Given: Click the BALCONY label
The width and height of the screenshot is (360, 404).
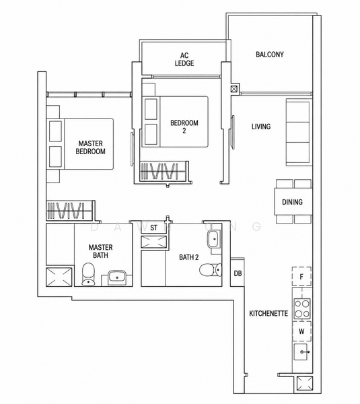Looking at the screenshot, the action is pos(270,55).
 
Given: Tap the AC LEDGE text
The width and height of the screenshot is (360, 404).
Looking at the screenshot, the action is pos(184,59).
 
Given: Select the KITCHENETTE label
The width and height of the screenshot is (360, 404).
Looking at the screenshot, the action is pos(268,313).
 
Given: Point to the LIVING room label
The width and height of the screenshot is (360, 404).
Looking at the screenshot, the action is pos(261,127).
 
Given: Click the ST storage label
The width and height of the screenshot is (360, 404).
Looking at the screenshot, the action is pos(153,228).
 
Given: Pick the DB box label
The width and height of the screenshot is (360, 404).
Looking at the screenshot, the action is pos(238,273).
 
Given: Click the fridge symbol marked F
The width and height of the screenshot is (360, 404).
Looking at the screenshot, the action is pos(301,277).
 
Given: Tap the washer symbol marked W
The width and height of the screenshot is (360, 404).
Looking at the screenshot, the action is pos(301,331).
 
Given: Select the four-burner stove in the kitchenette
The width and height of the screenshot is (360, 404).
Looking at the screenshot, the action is pos(302,308).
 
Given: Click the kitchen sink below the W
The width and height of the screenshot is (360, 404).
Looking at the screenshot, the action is pos(301,351).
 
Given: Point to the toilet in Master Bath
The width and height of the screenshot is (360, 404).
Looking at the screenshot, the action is pos(88,274).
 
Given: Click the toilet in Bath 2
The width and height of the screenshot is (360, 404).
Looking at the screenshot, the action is pos(211,270).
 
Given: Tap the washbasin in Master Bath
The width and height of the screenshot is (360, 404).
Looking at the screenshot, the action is pos(116,277).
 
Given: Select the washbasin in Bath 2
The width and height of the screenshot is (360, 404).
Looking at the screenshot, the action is pos(214,239).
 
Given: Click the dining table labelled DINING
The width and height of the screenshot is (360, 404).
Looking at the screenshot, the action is pos(293,202).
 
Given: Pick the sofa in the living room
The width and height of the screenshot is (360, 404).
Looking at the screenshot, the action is pos(299,133).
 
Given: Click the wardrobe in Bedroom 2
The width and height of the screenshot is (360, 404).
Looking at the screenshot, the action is pos(164,171).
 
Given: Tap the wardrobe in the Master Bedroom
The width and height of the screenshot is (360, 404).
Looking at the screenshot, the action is pos(70,211).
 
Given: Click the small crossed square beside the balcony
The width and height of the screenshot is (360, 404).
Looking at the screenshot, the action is pos(233,89).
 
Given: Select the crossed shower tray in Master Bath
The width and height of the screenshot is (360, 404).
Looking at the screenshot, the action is pos(59,277).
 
